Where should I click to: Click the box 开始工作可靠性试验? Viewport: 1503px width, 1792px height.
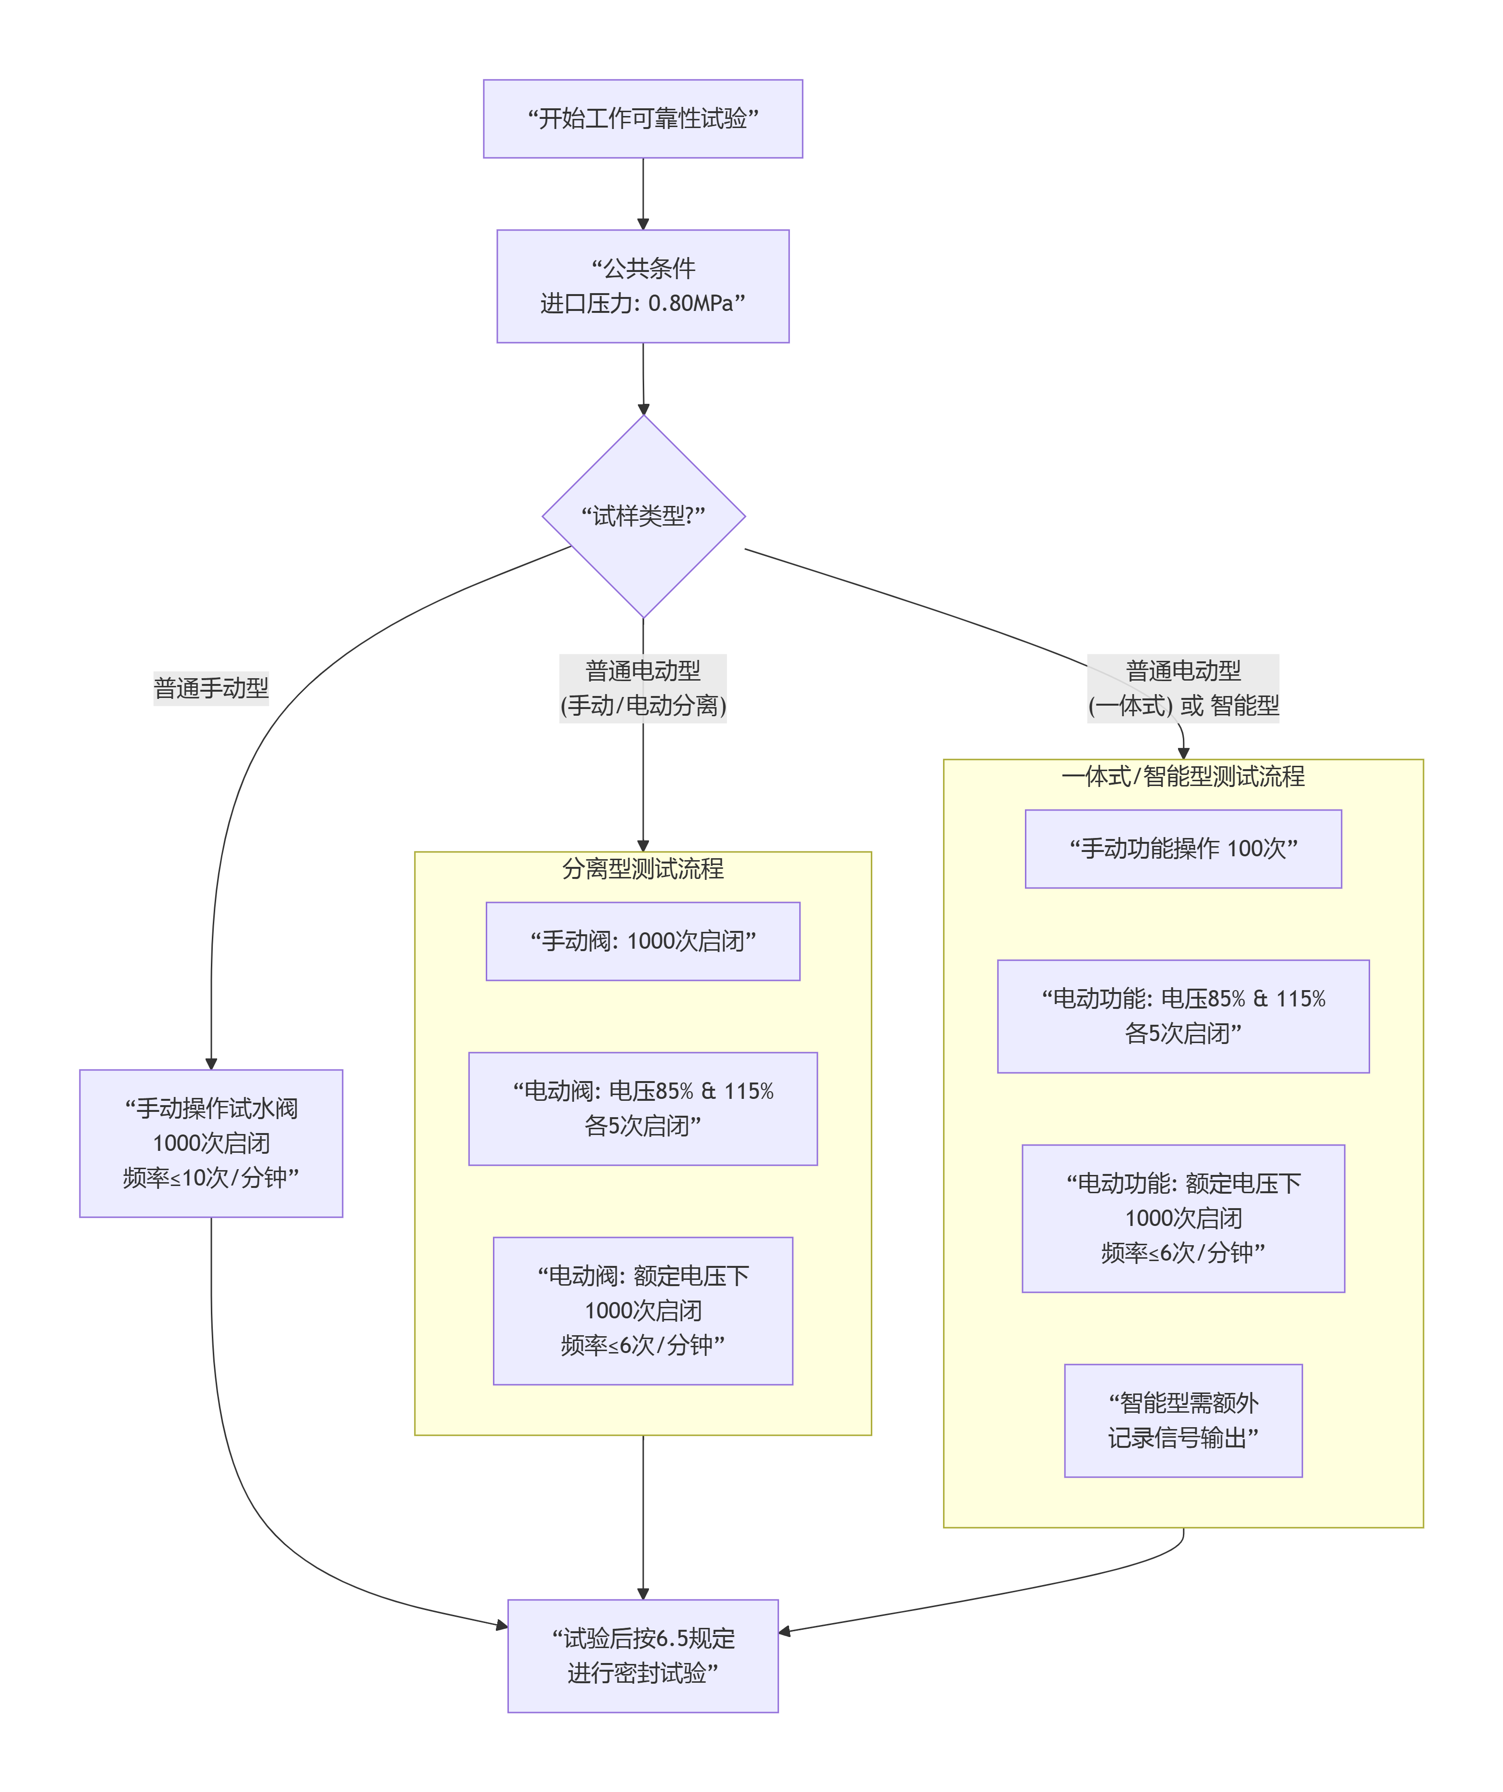tap(643, 118)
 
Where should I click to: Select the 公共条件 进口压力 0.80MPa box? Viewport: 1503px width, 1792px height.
tap(643, 286)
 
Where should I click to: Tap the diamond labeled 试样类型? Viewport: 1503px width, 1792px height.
tap(644, 516)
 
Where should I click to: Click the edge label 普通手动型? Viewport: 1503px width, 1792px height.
tap(211, 688)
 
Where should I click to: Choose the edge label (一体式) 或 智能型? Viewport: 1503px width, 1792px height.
tap(1183, 706)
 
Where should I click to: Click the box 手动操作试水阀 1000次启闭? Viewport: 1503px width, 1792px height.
tap(211, 1143)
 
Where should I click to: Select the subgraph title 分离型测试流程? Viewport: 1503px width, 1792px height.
tap(643, 869)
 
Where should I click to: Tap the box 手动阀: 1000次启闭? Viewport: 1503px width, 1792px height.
tap(643, 941)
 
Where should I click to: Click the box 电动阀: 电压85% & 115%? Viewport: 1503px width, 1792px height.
tap(643, 1109)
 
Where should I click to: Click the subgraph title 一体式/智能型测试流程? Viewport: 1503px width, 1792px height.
tap(1183, 776)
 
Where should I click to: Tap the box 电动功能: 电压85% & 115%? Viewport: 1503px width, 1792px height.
tap(1183, 1016)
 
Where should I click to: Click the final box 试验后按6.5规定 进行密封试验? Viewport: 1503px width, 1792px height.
tap(643, 1655)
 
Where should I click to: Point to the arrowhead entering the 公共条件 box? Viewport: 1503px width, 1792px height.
tap(643, 223)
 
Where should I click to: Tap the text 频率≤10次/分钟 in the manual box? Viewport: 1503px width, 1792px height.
tap(211, 1178)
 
